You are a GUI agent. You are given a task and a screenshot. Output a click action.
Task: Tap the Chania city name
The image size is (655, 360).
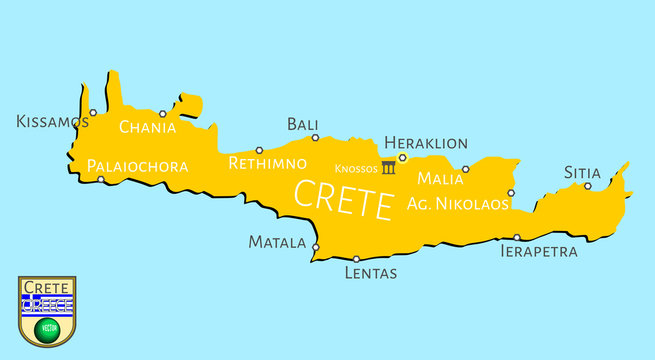147,127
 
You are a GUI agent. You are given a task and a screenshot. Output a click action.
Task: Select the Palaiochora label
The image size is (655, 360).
138,166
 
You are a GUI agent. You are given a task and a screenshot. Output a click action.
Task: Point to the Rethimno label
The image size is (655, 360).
267,163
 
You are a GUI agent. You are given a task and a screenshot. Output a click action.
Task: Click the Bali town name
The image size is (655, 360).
302,124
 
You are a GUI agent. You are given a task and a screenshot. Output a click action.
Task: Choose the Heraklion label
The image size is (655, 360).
426,143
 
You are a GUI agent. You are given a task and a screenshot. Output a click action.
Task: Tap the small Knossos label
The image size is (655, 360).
356,168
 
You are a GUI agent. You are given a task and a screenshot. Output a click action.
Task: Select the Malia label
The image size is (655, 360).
440,179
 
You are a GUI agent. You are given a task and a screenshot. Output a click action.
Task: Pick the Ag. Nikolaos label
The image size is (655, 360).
458,203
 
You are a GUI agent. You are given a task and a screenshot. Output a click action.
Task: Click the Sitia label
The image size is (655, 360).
582,172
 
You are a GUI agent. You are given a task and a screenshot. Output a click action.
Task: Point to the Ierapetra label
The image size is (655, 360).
538,252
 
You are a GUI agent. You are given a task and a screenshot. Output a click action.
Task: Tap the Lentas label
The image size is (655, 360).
370,272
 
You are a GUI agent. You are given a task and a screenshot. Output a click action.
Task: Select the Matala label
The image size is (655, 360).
277,242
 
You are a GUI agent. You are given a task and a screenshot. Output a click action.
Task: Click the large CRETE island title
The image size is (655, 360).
342,199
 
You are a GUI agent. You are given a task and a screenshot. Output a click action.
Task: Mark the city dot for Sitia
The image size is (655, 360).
588,185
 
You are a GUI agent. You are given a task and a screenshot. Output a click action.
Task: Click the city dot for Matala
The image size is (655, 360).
315,247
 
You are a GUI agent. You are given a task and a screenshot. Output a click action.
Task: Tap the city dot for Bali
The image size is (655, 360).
315,138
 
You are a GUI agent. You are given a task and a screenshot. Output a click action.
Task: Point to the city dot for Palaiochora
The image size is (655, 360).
101,180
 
